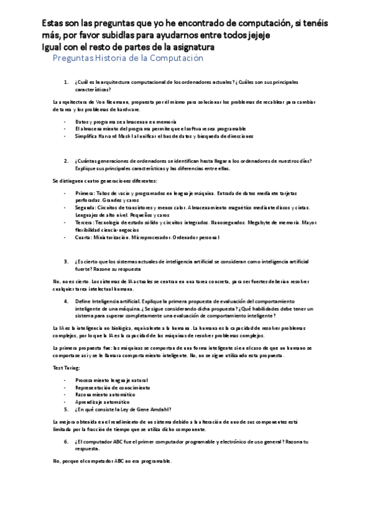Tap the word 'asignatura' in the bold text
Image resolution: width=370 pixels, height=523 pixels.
[x=191, y=47]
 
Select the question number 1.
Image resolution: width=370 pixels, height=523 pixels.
[x=66, y=81]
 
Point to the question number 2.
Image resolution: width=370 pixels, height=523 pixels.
[x=66, y=160]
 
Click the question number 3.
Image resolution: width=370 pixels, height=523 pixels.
[x=66, y=261]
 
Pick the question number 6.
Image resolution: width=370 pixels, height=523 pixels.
[x=66, y=442]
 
